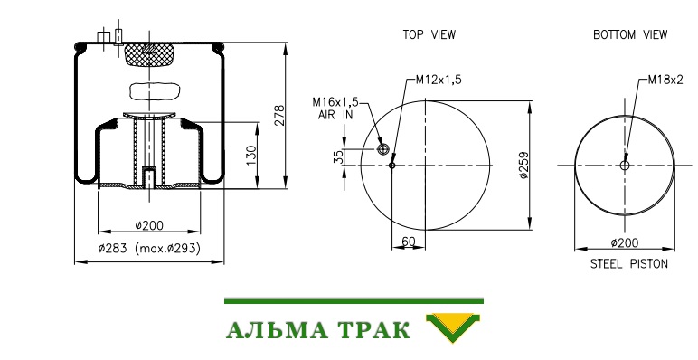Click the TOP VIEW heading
pyautogui.click(x=429, y=34)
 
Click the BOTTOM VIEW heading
pyautogui.click(x=630, y=34)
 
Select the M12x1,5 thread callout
pyautogui.click(x=439, y=80)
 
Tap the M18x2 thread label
pyautogui.click(x=665, y=80)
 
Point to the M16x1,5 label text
pyautogui.click(x=335, y=102)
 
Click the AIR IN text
pyautogui.click(x=335, y=115)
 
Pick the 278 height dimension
pyautogui.click(x=278, y=116)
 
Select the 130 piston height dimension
pyautogui.click(x=251, y=156)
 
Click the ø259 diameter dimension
pyautogui.click(x=524, y=165)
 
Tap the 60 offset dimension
pyautogui.click(x=408, y=242)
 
